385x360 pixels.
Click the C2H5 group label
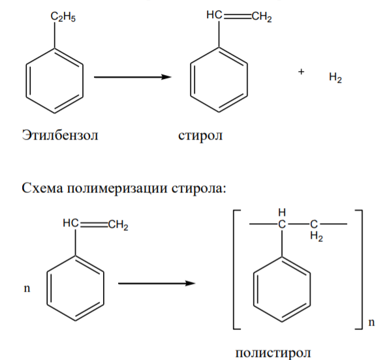click(63, 17)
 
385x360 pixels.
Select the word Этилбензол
click(60, 135)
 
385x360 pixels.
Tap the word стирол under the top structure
click(200, 136)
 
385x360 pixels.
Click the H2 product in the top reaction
click(335, 78)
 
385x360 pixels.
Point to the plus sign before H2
click(301, 72)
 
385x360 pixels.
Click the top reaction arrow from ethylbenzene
click(132, 77)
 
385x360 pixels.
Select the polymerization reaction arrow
click(157, 284)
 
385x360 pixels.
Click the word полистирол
click(273, 353)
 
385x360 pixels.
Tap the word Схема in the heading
click(42, 188)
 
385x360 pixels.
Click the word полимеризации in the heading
click(117, 189)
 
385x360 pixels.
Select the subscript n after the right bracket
click(371, 322)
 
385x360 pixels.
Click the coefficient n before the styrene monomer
click(27, 289)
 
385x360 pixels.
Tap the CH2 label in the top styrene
click(262, 17)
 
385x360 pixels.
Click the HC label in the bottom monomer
click(70, 223)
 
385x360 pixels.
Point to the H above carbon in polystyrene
click(282, 212)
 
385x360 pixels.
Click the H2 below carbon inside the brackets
click(316, 236)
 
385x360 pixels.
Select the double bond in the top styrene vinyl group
click(237, 16)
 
